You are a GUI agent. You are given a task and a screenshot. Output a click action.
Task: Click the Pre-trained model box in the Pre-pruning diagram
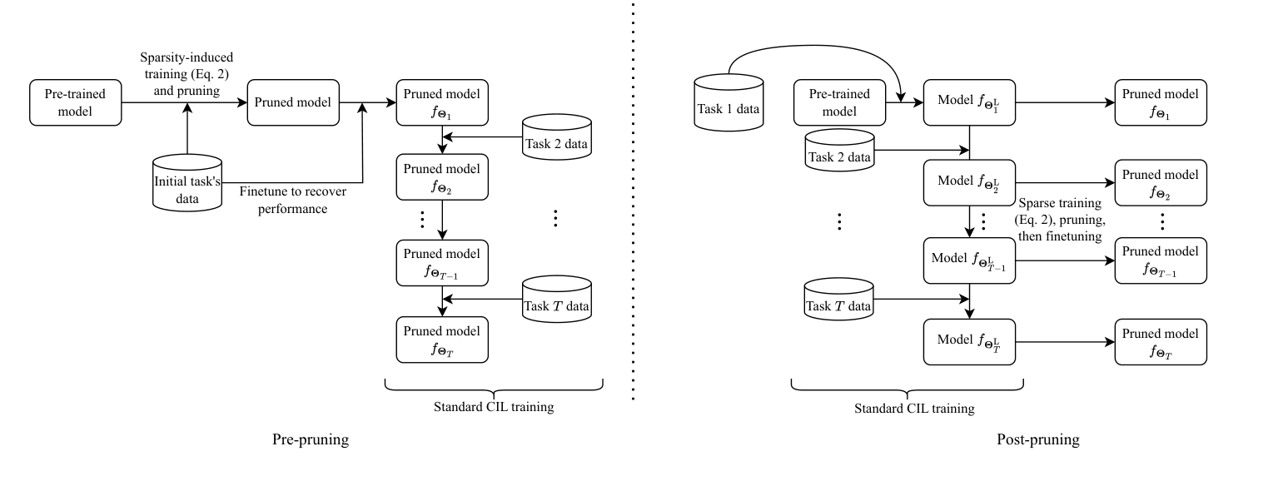75,102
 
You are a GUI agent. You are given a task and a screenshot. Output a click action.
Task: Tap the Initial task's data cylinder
187,181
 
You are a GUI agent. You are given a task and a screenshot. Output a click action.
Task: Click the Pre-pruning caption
310,440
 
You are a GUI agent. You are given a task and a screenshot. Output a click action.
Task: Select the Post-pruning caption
1037,440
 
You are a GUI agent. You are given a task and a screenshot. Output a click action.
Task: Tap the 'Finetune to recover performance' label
292,201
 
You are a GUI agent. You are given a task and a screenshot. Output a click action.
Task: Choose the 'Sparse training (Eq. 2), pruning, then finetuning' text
1061,220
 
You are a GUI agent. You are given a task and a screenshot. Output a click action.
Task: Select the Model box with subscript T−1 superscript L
969,260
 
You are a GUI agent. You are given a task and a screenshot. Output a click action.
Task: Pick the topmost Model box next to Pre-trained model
969,102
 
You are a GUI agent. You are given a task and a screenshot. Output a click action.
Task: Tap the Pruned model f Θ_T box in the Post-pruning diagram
1161,341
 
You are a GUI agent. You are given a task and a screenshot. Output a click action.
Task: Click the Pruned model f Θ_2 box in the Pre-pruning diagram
441,176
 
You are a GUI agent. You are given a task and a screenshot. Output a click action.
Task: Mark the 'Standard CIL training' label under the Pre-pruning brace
494,408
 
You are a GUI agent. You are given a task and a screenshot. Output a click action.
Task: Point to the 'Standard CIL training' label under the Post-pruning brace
914,409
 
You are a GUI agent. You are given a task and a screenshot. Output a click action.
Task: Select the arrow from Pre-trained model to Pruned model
185,102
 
